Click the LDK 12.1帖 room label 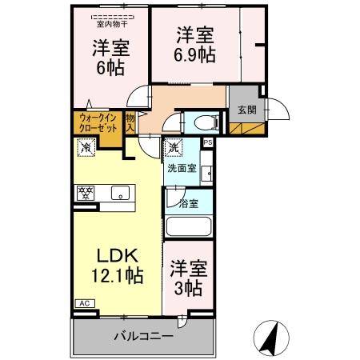pyautogui.click(x=119, y=266)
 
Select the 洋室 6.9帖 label pyautogui.click(x=195, y=45)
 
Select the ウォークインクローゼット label pyautogui.click(x=97, y=125)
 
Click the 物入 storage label pyautogui.click(x=130, y=124)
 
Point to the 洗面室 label pyautogui.click(x=182, y=169)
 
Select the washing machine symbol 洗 pyautogui.click(x=174, y=148)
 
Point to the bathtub pyautogui.click(x=189, y=226)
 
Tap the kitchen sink pyautogui.click(x=121, y=193)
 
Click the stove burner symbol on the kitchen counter pyautogui.click(x=86, y=193)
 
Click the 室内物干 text pyautogui.click(x=111, y=23)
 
